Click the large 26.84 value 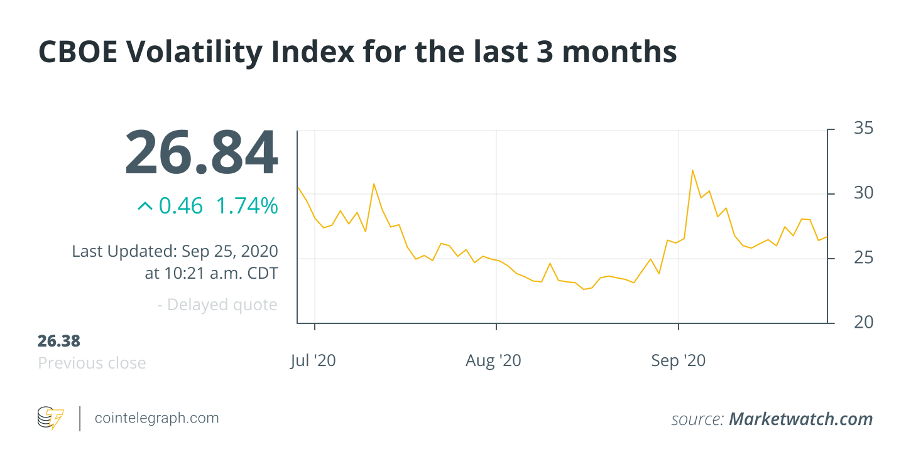coord(201,153)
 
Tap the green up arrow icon coord(145,206)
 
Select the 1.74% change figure coord(246,206)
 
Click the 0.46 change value coord(180,206)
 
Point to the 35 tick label coord(864,129)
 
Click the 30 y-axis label coord(864,193)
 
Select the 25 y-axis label coord(864,257)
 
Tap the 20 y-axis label coord(864,322)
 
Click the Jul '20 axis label coord(313,361)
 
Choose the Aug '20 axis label coord(494,361)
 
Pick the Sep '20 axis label coord(678,361)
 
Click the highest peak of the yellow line coord(692,170)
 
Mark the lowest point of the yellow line coord(584,289)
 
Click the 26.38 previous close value coord(59,341)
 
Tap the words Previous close coord(92,363)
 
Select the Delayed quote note coord(217,305)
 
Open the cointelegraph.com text coord(156,418)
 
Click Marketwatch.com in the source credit coord(800,419)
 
